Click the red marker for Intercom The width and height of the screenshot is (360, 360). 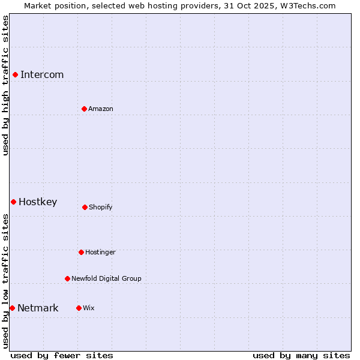[x=15, y=74]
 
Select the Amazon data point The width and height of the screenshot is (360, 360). [x=84, y=109]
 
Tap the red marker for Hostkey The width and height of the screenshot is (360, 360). [x=13, y=202]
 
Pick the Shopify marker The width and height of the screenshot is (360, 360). [x=85, y=207]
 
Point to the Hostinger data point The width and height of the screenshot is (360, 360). [x=81, y=252]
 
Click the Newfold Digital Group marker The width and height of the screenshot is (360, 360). [x=67, y=278]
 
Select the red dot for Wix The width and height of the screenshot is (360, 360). [x=79, y=308]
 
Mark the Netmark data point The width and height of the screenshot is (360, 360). [x=12, y=308]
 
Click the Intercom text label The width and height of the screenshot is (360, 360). [x=42, y=74]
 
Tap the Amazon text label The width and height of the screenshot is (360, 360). [x=101, y=109]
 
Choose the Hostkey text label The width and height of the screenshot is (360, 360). [x=38, y=202]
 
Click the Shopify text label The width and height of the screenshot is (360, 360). [x=101, y=207]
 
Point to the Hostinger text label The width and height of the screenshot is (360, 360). [x=100, y=252]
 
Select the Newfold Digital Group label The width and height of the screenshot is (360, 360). [x=106, y=278]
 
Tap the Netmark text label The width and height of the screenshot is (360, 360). [x=38, y=308]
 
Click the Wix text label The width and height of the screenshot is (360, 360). [x=89, y=308]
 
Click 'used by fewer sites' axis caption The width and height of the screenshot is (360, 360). [x=62, y=355]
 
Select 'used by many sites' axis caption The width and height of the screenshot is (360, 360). [x=301, y=355]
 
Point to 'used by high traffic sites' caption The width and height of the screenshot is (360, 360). [x=5, y=85]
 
